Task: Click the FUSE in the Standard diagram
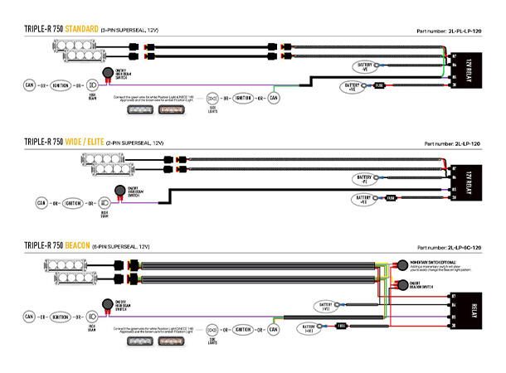[x=378, y=85]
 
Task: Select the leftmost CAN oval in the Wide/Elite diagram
[x=41, y=202]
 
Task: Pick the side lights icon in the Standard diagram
[x=212, y=98]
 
